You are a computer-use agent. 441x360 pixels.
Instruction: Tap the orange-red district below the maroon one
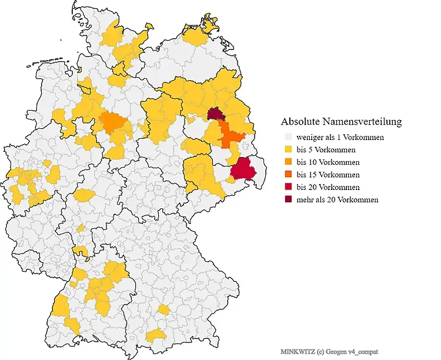[230, 137]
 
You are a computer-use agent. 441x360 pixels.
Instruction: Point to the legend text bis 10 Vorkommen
[328, 162]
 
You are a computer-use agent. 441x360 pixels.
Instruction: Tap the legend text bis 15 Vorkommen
[328, 175]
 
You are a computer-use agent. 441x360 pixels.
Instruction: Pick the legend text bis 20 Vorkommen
[328, 187]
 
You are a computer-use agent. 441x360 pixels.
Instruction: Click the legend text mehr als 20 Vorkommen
[338, 199]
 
